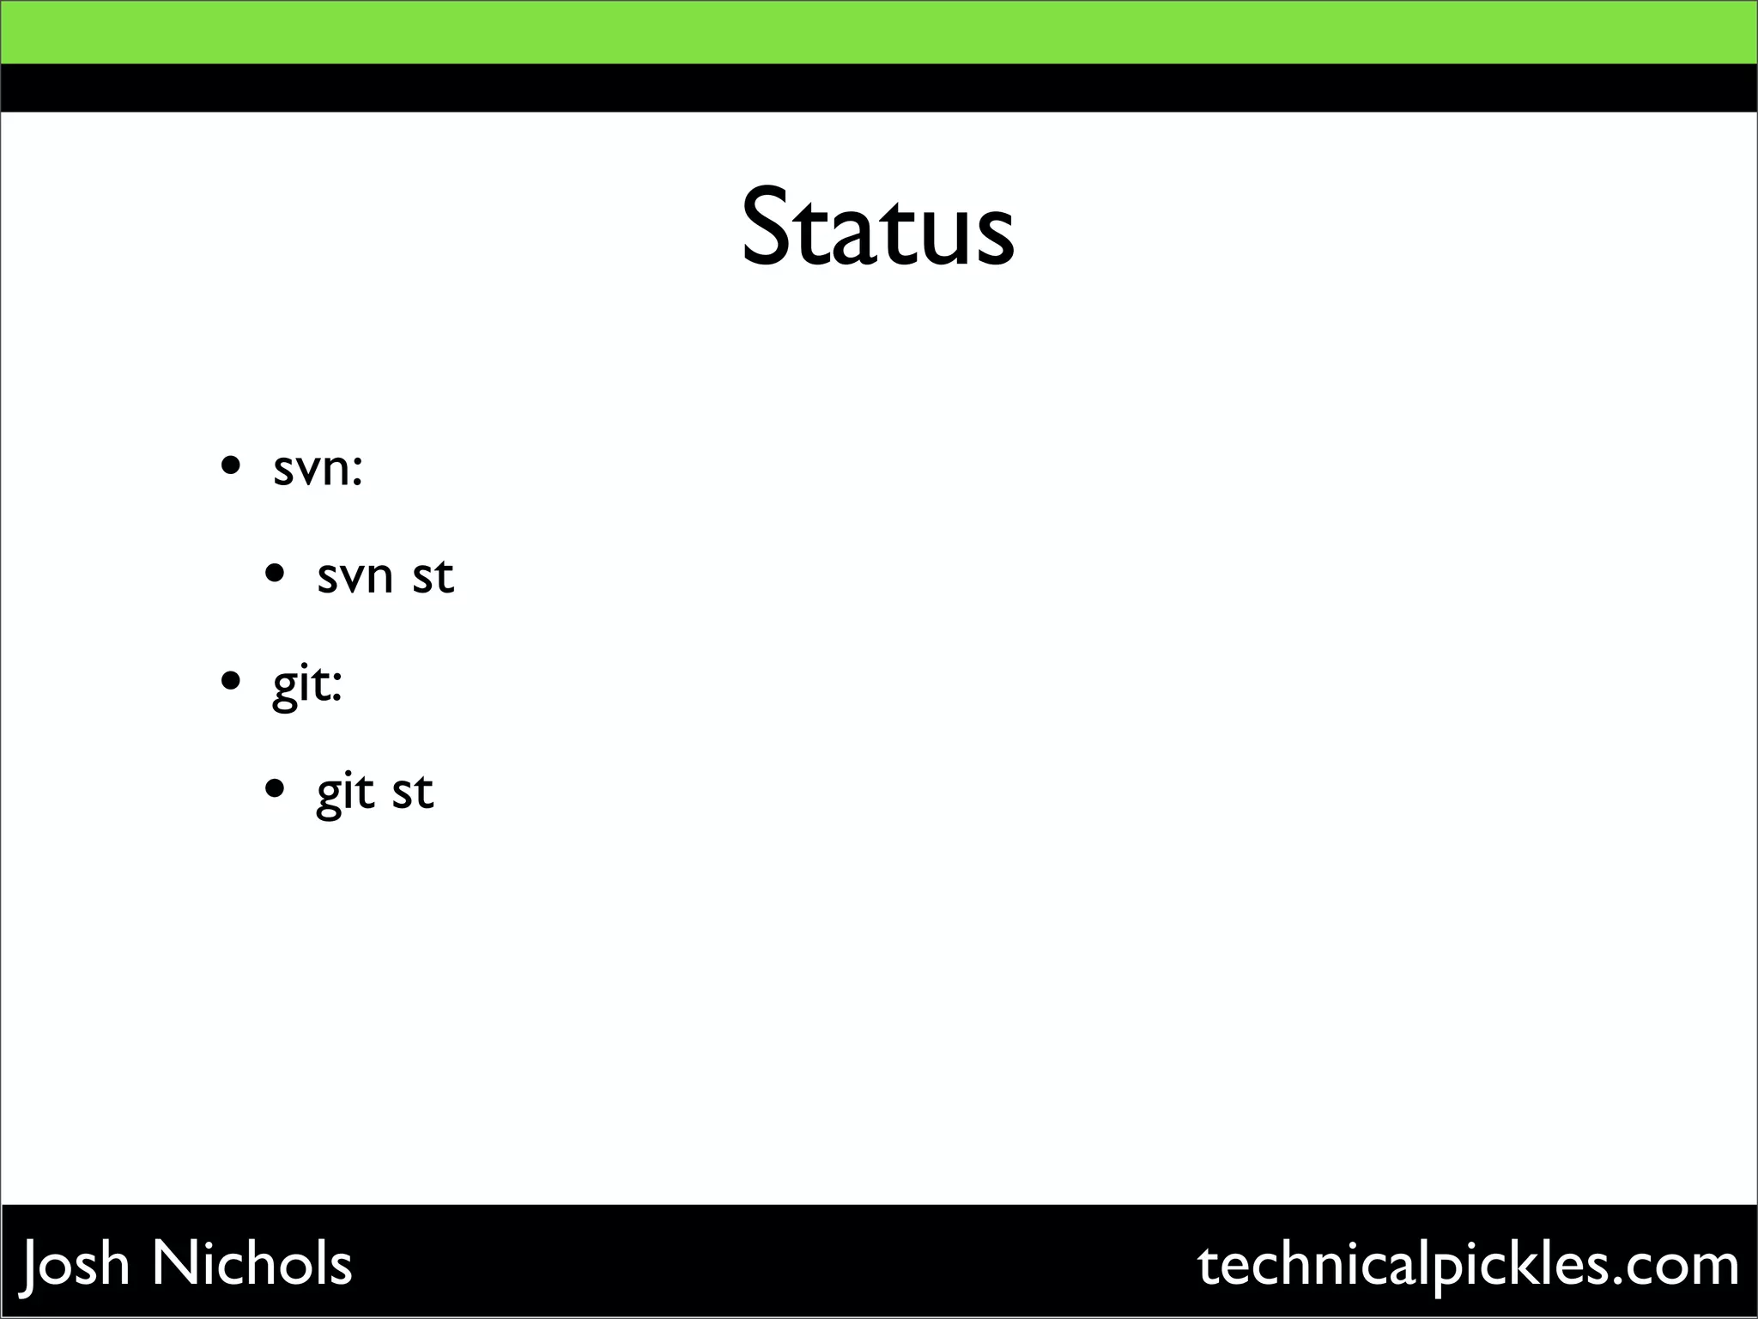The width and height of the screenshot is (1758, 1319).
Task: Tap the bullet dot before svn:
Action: tap(230, 466)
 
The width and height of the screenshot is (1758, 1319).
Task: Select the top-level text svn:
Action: tap(318, 469)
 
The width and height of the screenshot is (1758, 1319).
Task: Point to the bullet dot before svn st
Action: tap(275, 573)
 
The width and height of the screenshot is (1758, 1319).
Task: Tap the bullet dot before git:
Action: tap(230, 681)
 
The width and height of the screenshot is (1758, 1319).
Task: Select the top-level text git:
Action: tap(307, 685)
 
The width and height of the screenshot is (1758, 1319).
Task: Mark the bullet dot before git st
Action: tap(275, 788)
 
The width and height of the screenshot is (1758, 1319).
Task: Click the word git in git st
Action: tap(346, 792)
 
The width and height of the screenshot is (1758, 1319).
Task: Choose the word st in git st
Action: tap(413, 791)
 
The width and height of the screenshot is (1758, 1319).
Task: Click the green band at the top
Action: tap(879, 32)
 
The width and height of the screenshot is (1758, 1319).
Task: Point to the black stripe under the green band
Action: tap(879, 88)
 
